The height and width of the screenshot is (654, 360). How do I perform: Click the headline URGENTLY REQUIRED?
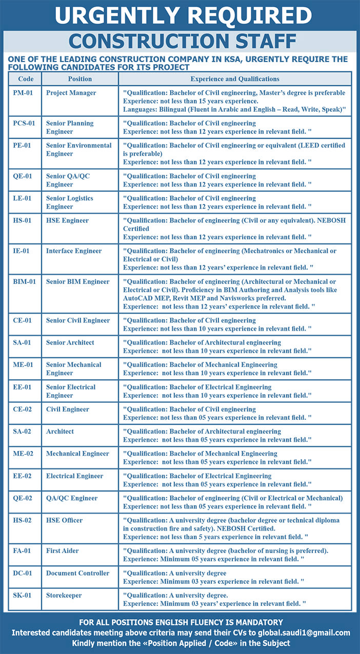[183, 15]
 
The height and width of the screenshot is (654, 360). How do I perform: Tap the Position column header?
[80, 79]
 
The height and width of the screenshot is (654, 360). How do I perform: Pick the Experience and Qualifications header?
[235, 79]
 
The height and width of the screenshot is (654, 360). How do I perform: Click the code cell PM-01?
[23, 93]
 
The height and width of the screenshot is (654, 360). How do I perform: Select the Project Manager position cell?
[71, 93]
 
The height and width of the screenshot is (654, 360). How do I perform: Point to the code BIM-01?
[25, 281]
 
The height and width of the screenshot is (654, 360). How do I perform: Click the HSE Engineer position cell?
[67, 220]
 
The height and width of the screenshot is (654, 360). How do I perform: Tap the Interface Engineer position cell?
[74, 251]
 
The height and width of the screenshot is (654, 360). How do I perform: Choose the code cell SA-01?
[22, 342]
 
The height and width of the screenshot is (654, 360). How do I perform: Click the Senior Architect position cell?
[70, 342]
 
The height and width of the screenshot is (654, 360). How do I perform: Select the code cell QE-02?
[23, 498]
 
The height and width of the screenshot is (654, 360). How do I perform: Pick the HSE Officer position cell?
[64, 520]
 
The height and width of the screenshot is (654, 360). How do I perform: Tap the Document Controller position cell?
[77, 573]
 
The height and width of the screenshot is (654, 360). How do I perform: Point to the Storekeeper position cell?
[64, 595]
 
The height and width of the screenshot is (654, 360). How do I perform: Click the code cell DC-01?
[23, 573]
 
